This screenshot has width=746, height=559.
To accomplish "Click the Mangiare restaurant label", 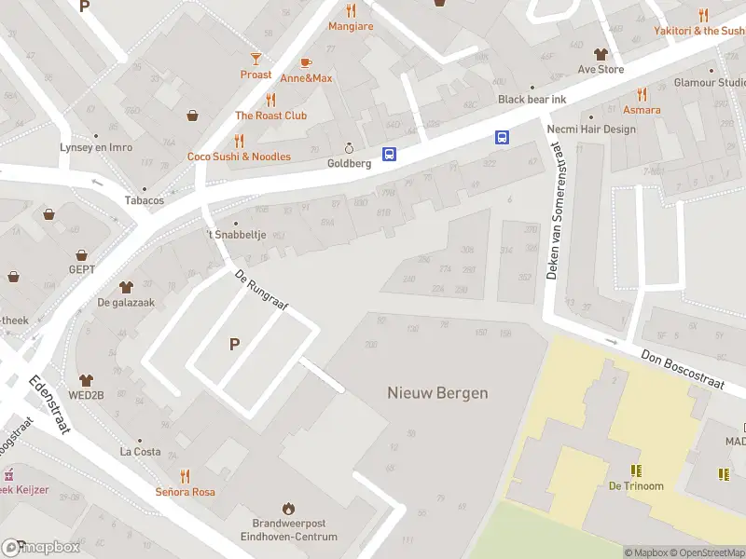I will (x=351, y=26).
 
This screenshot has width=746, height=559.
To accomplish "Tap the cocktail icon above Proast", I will (x=256, y=58).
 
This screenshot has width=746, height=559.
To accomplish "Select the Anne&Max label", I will (x=306, y=78).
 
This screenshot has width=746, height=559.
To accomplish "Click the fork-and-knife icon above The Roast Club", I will (x=270, y=100).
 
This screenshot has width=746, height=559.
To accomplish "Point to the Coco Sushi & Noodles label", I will (x=239, y=157).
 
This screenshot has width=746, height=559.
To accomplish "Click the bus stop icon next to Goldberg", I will (x=389, y=155).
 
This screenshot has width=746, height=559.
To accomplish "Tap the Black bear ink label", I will (x=532, y=100).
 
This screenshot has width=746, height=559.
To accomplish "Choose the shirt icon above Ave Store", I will (x=601, y=53).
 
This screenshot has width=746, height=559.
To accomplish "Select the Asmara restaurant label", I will (x=642, y=110).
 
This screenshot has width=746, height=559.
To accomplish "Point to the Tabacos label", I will (x=145, y=200).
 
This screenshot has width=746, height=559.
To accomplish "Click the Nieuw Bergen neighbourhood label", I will (x=437, y=393).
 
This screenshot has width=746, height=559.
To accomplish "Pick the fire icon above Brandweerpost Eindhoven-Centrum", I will (x=288, y=509).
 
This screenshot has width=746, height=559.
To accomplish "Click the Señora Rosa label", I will (x=185, y=491).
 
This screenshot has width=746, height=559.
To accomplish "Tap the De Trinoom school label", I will (x=636, y=485).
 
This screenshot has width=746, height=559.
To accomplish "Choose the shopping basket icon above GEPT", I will (x=82, y=254).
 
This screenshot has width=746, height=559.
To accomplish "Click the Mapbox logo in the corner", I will (x=41, y=548).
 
